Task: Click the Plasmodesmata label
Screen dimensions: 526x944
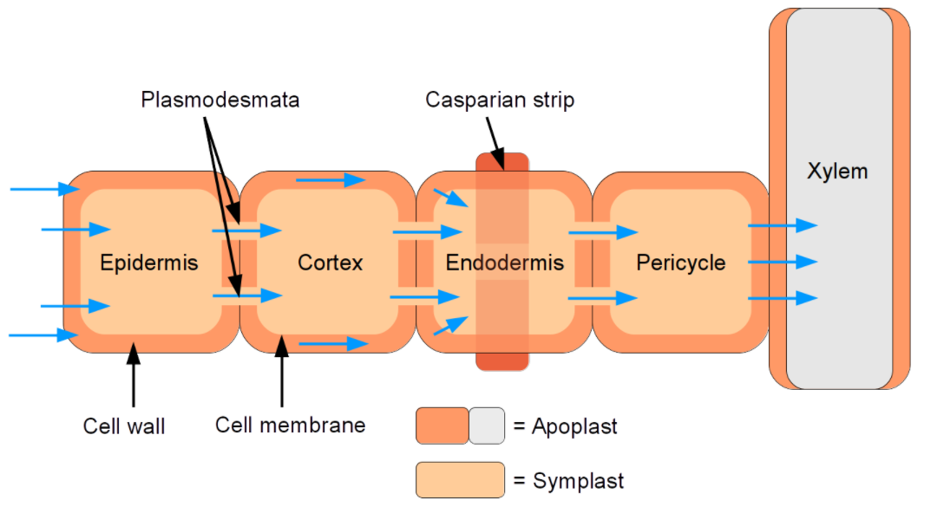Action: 220,100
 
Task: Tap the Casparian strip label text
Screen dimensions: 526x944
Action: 499,100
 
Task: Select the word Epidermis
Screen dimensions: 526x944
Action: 148,262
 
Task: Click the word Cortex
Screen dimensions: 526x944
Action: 330,262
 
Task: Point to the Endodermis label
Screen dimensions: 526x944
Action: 504,262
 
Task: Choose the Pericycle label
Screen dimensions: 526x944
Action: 680,262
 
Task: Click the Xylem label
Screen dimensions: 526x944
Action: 836,171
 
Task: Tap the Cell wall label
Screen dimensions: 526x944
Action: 124,425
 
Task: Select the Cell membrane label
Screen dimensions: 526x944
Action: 290,425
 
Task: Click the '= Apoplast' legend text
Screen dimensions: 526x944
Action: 565,426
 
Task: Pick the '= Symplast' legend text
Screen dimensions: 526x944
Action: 567,480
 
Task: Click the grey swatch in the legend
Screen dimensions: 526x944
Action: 486,426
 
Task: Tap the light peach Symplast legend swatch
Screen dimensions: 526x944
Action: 460,480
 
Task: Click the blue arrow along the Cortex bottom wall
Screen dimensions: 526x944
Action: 333,344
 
